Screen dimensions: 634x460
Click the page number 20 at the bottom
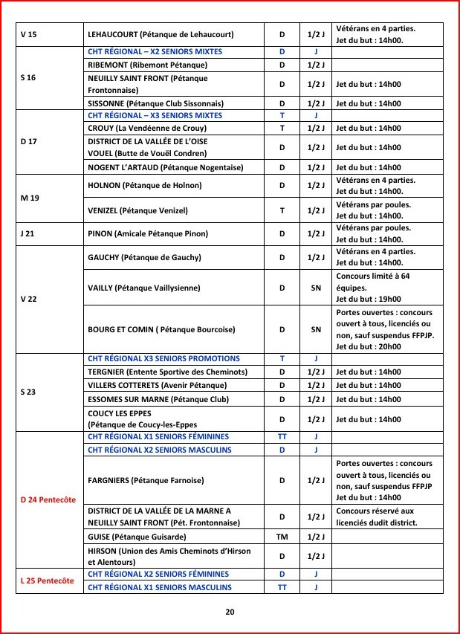[230, 612]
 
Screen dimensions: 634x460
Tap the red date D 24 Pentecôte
[48, 499]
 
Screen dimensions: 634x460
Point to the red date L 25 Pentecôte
[48, 580]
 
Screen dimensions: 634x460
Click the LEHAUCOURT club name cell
[161, 34]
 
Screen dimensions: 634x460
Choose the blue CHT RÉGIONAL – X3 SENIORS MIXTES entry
[155, 116]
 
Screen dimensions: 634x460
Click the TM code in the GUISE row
[282, 536]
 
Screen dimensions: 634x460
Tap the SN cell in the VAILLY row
[316, 287]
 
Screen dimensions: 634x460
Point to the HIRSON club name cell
[169, 557]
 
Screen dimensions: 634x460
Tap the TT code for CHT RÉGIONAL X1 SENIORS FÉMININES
[282, 437]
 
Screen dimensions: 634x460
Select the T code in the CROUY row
[282, 128]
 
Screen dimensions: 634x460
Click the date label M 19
[28, 198]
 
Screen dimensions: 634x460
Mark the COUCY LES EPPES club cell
[130, 419]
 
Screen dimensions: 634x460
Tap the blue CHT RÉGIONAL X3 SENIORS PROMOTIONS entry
[163, 358]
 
